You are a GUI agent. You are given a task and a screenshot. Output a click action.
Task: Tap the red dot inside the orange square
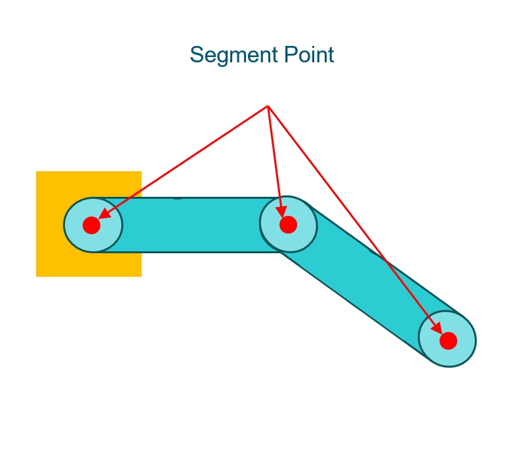coord(92,225)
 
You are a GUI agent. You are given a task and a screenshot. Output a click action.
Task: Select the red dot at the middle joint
coord(288,225)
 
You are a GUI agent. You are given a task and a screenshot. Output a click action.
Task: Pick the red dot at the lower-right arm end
coord(448,340)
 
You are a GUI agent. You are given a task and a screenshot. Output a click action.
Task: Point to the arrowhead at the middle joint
coord(283,208)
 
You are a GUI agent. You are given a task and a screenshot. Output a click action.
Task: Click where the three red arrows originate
coord(268,106)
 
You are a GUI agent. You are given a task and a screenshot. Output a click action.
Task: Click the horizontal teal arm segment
coord(190,225)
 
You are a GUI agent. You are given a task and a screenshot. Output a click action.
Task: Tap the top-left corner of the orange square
coord(37,172)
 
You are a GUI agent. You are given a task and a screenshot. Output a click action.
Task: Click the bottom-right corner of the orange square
coord(141,276)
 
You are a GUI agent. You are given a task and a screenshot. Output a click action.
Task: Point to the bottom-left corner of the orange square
coord(37,276)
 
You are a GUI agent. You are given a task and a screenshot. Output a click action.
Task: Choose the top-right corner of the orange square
coord(141,172)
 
